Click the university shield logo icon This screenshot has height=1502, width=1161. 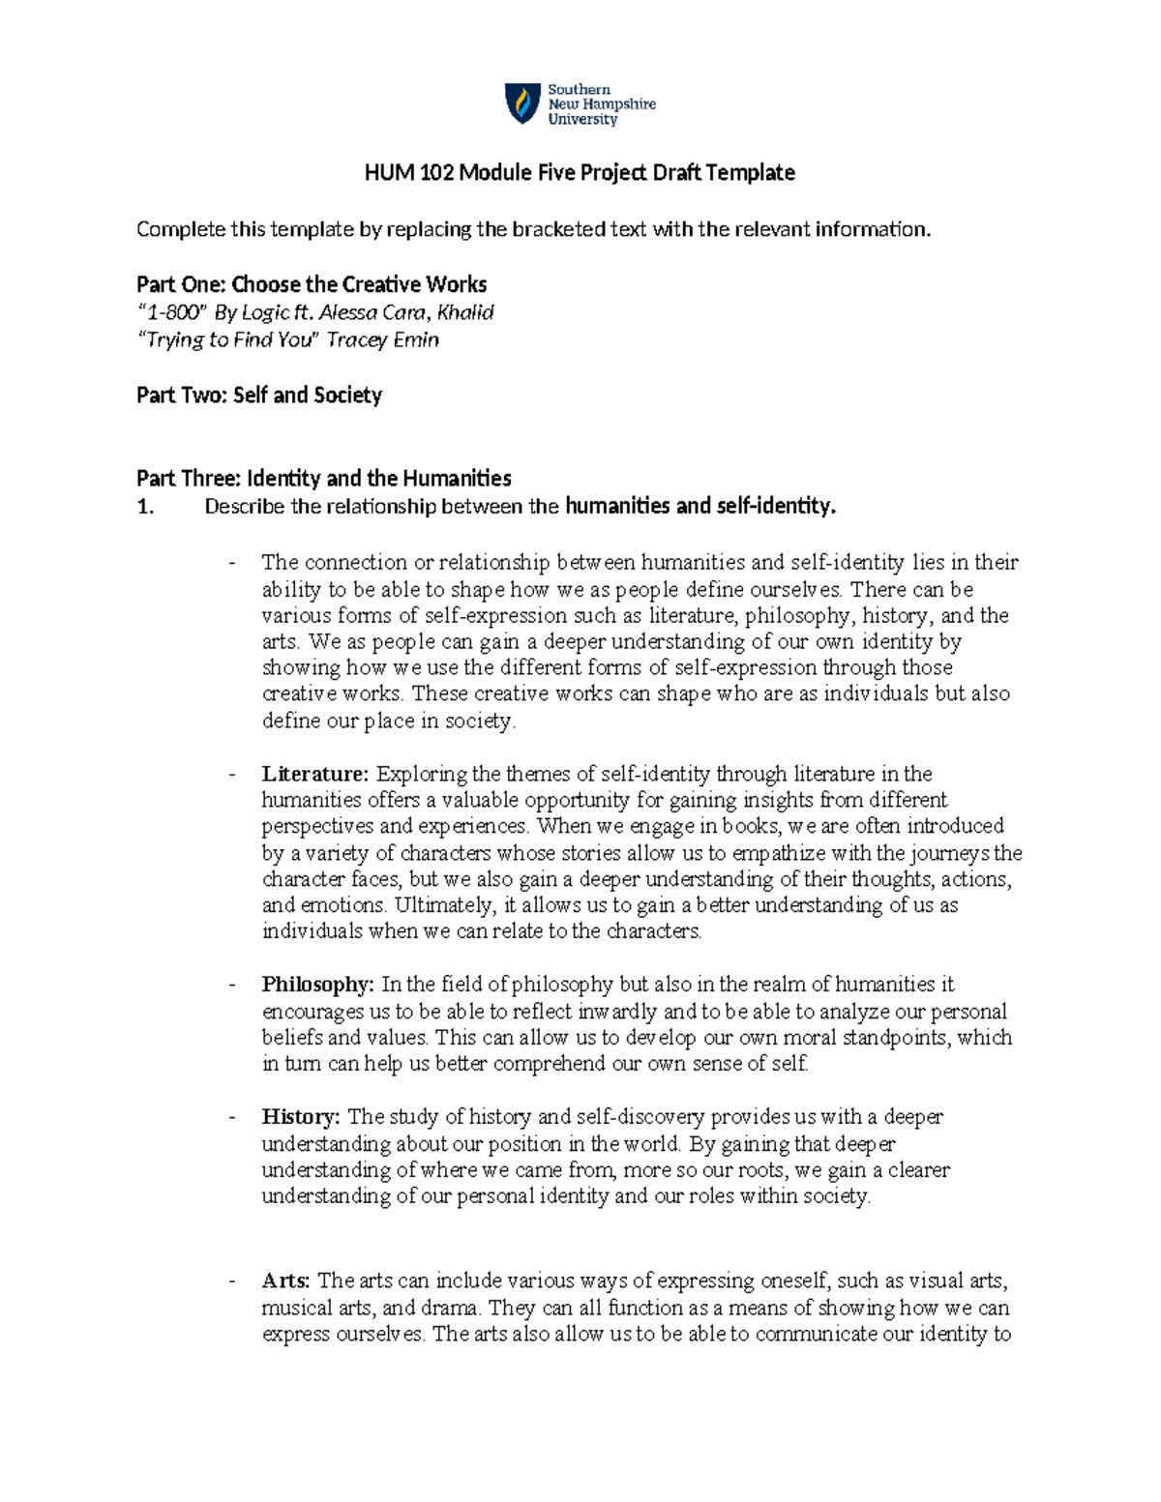[522, 103]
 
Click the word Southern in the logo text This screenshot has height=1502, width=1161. [579, 89]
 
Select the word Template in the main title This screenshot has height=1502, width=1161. [750, 173]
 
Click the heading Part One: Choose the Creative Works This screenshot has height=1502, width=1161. [312, 284]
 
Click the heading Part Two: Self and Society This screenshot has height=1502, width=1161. [259, 395]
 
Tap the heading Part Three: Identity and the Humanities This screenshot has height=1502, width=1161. [324, 478]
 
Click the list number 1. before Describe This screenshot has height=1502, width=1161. [145, 506]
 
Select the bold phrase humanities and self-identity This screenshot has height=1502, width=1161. [700, 506]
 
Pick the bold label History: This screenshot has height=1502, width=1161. [301, 1117]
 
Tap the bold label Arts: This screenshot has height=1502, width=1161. [286, 1281]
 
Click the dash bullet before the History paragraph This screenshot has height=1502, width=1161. [231, 1118]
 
